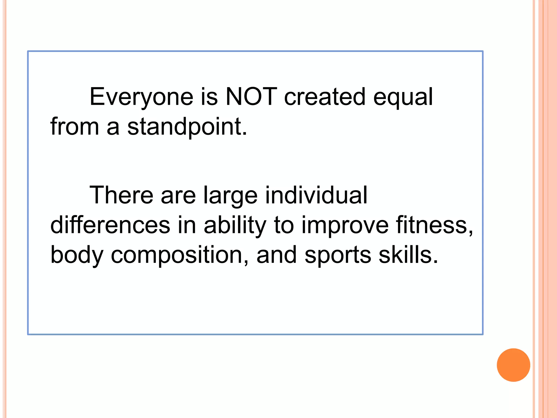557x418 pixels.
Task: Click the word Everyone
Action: (x=141, y=97)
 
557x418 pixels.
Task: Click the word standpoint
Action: (x=187, y=127)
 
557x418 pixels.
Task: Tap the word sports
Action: (x=338, y=255)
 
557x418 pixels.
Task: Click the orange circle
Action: (x=513, y=365)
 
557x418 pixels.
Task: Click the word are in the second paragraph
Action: (x=178, y=195)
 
